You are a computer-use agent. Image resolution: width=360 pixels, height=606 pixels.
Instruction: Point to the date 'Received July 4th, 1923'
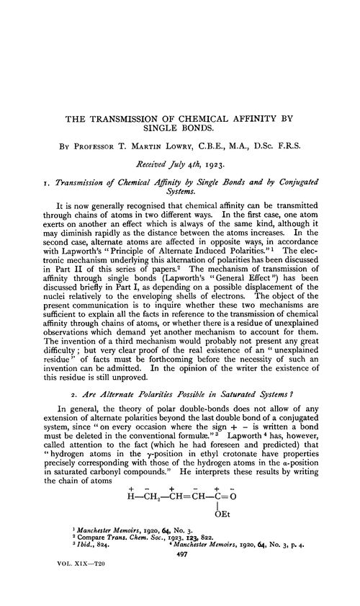180,165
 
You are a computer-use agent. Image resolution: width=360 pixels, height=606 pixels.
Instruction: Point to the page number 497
180,575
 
